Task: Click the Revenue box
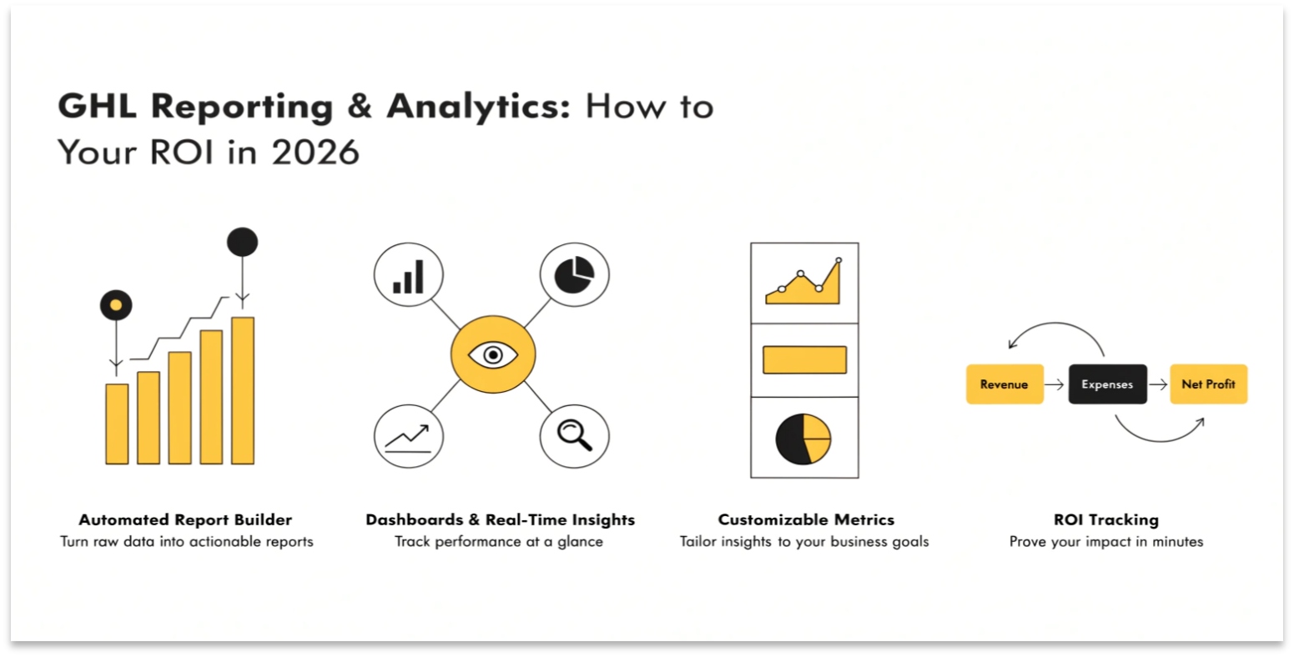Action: (x=1004, y=384)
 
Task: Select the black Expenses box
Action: (x=1107, y=384)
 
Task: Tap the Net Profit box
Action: (x=1208, y=384)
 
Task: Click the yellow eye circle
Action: (x=493, y=354)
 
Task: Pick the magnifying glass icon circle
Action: (x=574, y=435)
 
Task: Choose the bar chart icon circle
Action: (x=408, y=275)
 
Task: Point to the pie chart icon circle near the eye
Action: (x=574, y=274)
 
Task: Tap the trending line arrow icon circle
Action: (x=408, y=436)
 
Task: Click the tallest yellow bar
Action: (x=243, y=389)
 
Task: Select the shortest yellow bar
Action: (x=117, y=424)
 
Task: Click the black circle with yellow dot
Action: (x=116, y=305)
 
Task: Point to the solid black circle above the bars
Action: (x=242, y=243)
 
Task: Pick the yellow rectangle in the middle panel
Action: (x=804, y=360)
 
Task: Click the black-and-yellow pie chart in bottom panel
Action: (x=803, y=438)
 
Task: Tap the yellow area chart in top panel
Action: (x=803, y=284)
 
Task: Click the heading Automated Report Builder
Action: (x=185, y=519)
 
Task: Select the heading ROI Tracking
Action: (x=1105, y=519)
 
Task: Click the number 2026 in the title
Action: (x=315, y=152)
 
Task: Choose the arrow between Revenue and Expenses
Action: (x=1055, y=384)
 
